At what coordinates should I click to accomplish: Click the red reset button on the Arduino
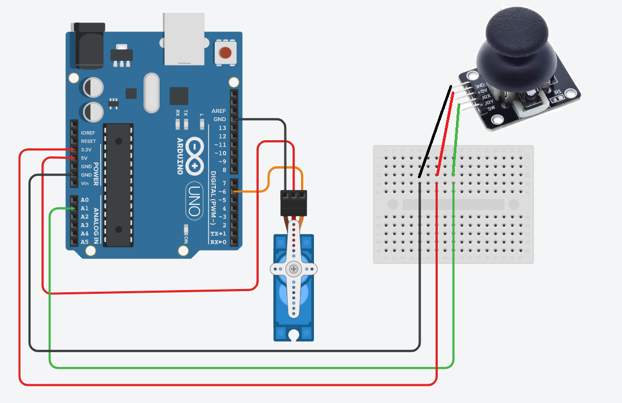click(226, 53)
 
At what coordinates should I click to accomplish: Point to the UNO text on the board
click(194, 201)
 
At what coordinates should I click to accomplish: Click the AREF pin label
click(219, 111)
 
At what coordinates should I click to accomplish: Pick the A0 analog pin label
click(85, 200)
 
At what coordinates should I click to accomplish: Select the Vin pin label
click(85, 184)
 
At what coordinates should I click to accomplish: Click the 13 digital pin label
click(222, 128)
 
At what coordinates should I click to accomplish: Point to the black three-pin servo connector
click(294, 202)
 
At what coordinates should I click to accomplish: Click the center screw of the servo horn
click(294, 269)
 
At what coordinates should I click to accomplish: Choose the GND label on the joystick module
click(479, 86)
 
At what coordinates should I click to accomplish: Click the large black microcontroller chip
click(118, 185)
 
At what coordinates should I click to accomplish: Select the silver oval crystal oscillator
click(152, 93)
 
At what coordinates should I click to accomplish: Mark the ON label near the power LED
click(186, 239)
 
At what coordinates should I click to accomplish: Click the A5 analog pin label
click(85, 242)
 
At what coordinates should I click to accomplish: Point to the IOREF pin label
click(88, 133)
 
